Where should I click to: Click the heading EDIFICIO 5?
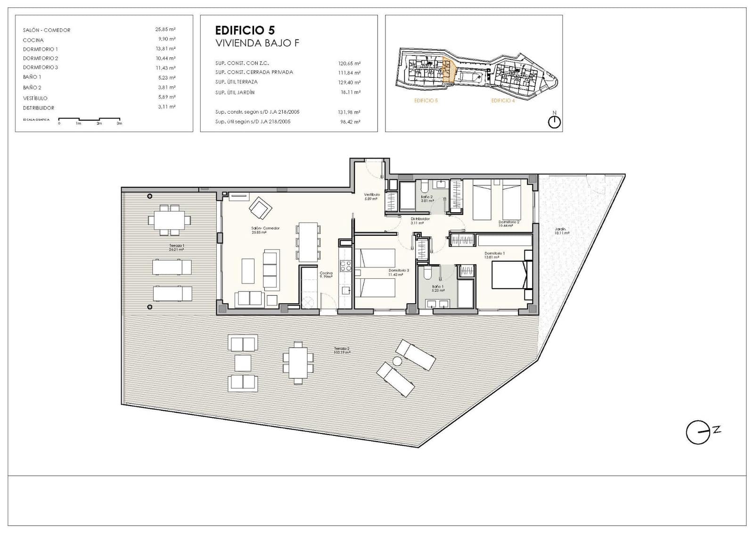[x=245, y=31]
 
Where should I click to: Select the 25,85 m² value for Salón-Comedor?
[x=165, y=29]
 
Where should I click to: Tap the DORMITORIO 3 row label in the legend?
[x=41, y=67]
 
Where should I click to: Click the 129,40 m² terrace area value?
[x=349, y=83]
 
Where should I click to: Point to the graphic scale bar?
[x=89, y=120]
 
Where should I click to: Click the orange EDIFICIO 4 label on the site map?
[x=503, y=100]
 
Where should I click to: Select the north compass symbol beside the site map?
[x=554, y=121]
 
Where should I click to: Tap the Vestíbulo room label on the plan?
[x=372, y=195]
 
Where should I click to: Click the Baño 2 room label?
[x=427, y=197]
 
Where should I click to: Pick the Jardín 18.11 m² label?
[x=560, y=231]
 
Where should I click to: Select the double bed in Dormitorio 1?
[x=508, y=275]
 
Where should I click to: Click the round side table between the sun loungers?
[x=397, y=361]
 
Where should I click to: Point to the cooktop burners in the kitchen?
[x=345, y=266]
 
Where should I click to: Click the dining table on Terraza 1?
[x=167, y=220]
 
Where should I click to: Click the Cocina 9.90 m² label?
[x=326, y=275]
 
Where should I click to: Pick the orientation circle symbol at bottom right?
[x=697, y=433]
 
